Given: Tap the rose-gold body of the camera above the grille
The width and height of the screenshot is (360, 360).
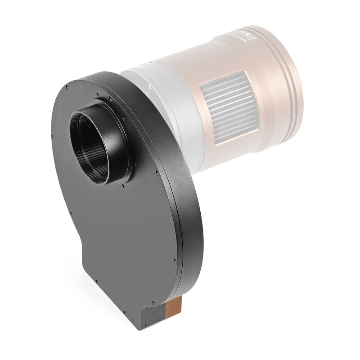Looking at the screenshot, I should coord(216,58).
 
